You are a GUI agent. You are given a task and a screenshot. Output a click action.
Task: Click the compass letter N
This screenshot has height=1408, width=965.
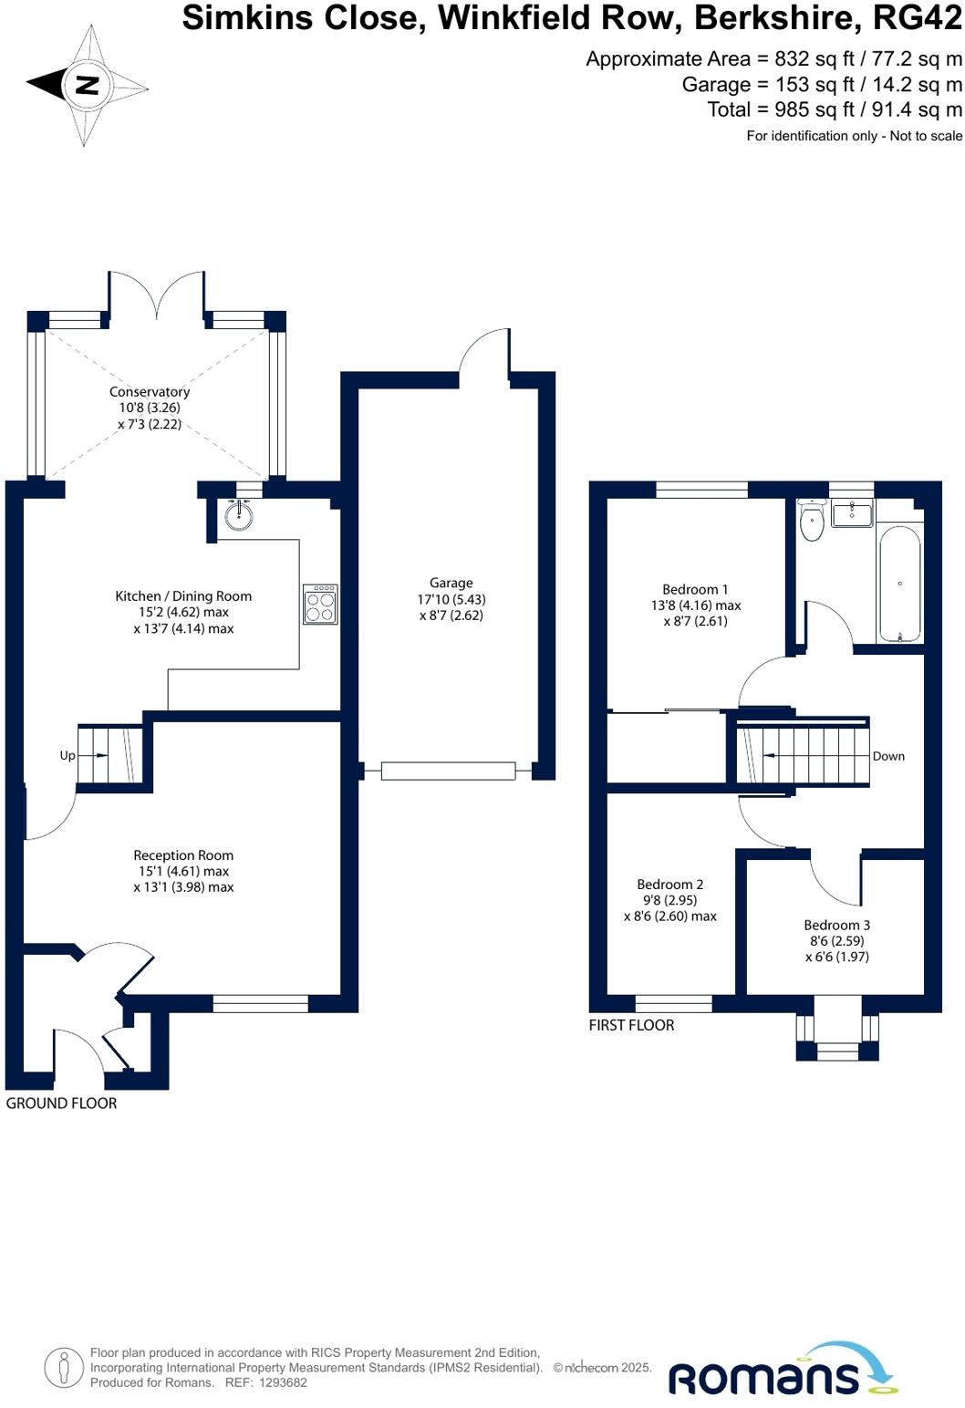[x=87, y=86]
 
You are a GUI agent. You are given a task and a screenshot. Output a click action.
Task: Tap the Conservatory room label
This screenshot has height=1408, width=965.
[x=150, y=392]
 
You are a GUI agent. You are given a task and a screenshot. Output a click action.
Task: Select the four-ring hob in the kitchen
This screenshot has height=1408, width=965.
[x=320, y=605]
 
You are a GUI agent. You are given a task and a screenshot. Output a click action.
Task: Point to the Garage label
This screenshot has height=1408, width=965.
[x=451, y=583]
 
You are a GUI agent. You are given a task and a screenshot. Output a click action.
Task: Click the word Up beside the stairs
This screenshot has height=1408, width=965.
[x=67, y=755]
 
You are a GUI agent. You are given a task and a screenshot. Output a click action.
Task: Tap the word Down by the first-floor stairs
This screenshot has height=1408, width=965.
[x=888, y=756]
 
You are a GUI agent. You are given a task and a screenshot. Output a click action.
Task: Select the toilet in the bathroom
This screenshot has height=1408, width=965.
[x=811, y=522]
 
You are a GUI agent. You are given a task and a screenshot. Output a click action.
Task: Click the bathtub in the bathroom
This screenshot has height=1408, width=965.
[x=899, y=584]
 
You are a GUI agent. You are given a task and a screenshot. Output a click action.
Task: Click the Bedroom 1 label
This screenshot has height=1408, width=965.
[x=695, y=589]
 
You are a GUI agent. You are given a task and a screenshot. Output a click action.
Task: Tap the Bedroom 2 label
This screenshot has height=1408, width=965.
[x=669, y=884]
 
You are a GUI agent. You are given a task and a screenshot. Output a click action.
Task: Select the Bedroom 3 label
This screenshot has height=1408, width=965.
[x=836, y=925]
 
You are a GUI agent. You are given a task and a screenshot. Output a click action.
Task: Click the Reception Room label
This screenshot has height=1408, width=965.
[x=183, y=855]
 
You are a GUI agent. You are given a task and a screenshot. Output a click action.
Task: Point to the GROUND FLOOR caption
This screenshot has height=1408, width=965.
[x=61, y=1103]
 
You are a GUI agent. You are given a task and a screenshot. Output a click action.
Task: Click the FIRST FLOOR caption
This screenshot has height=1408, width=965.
[x=631, y=1025]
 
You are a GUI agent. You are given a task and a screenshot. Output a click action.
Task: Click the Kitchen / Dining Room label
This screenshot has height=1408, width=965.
[x=183, y=596]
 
